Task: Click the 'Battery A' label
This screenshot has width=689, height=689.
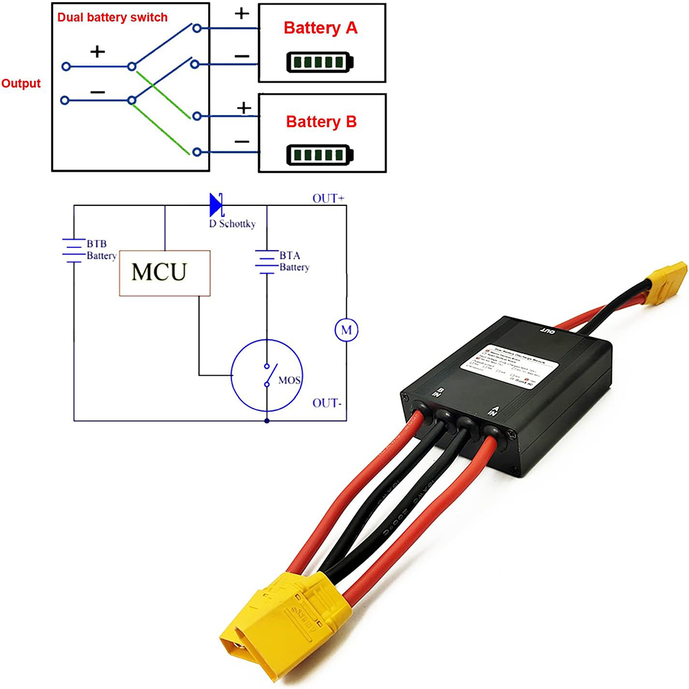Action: [320, 29]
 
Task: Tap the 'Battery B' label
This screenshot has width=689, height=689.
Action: [321, 122]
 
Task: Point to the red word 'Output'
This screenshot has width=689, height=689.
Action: [21, 84]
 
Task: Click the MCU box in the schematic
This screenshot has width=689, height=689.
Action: [165, 273]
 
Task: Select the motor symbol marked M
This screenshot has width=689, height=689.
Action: [347, 331]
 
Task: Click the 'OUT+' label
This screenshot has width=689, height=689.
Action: [328, 198]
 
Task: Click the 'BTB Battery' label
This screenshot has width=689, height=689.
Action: [101, 250]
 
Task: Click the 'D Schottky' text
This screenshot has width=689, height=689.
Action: [232, 225]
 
